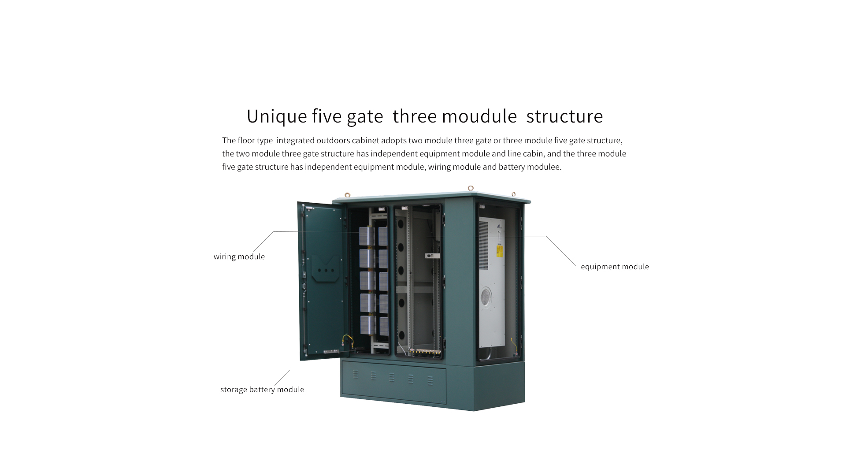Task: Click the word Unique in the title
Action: [277, 117]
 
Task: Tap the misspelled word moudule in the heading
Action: [479, 116]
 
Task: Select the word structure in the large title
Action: [564, 116]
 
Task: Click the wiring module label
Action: [239, 257]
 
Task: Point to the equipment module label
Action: [615, 267]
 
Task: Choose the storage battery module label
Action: [262, 390]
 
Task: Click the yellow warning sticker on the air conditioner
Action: [500, 251]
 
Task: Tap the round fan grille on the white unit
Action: [486, 296]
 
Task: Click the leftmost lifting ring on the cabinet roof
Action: [347, 194]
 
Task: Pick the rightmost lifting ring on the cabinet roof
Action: [513, 194]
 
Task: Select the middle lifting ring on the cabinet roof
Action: [471, 188]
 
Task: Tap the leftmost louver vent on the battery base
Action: [356, 375]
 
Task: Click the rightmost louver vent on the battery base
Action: [430, 380]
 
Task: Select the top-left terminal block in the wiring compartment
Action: [367, 237]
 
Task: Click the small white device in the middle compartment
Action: [432, 256]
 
